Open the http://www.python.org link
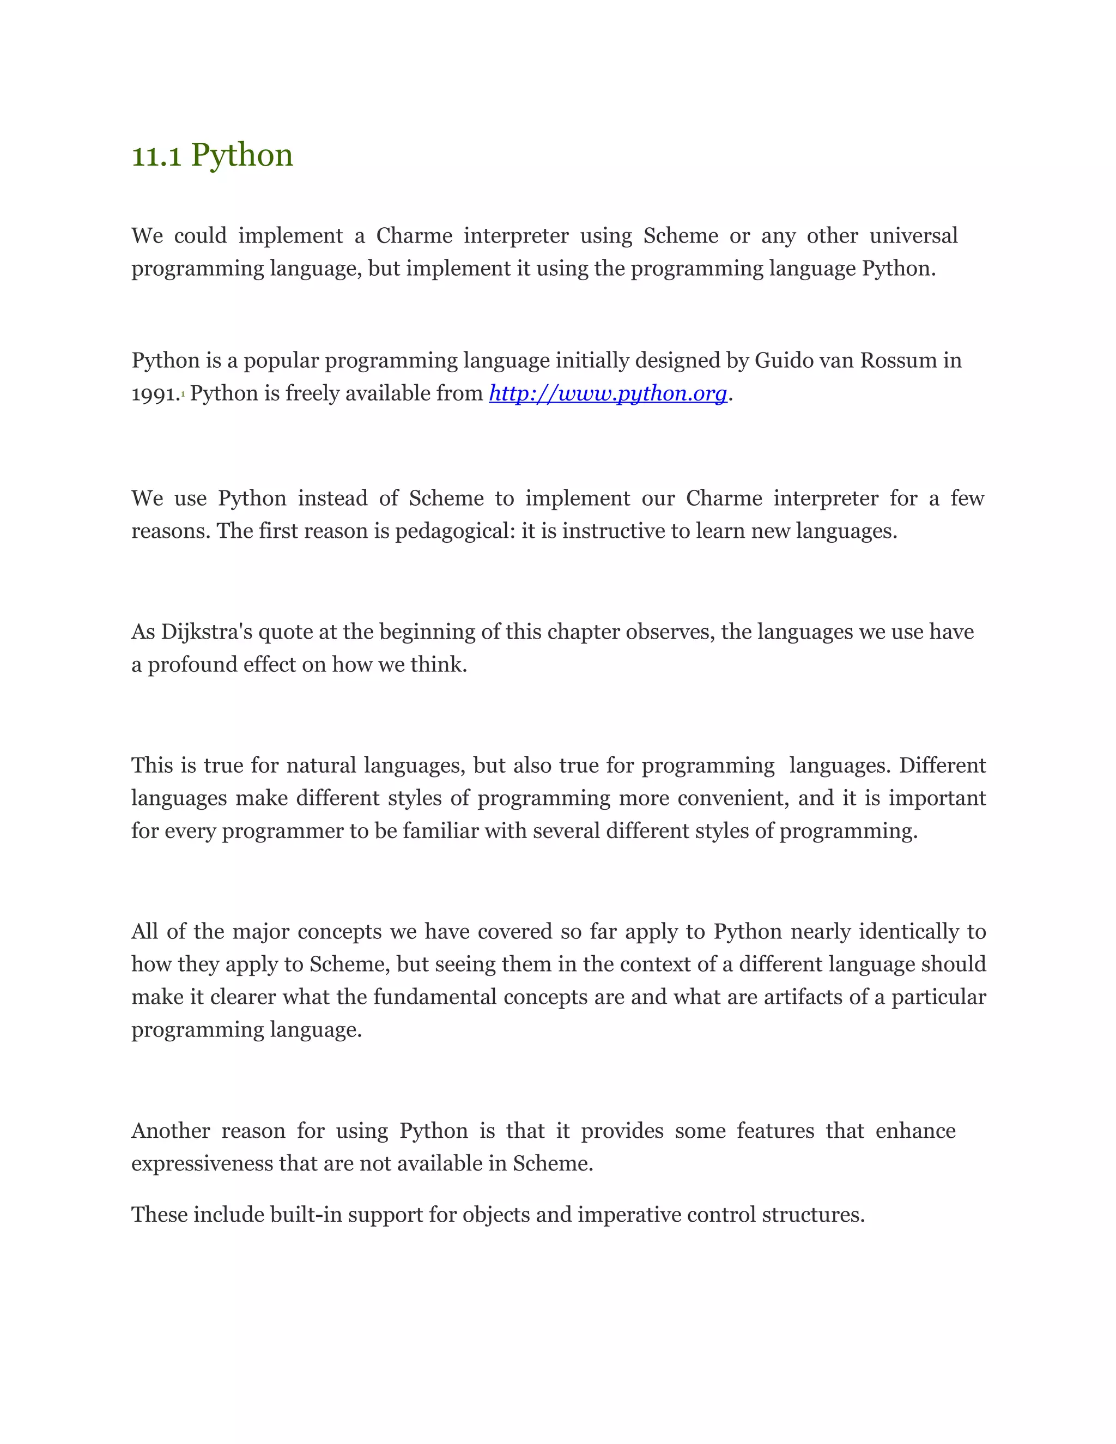[x=608, y=393]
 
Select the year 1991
[x=154, y=394]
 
